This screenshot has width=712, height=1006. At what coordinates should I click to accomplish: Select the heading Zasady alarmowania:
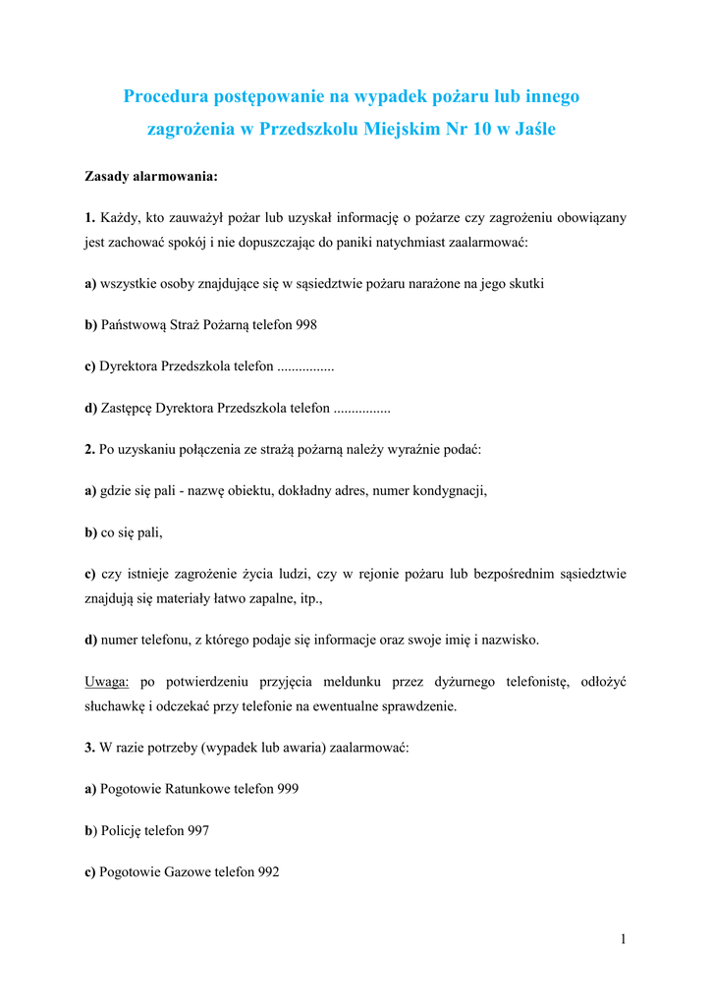click(150, 177)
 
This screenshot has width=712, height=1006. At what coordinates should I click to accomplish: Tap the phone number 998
click(305, 324)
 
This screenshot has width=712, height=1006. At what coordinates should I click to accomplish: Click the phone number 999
click(288, 788)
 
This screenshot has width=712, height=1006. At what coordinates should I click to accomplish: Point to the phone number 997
click(197, 830)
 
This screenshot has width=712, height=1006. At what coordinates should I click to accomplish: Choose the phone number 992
click(268, 871)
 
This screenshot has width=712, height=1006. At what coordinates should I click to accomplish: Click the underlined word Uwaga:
click(107, 681)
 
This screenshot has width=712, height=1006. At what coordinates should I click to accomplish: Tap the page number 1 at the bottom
click(623, 939)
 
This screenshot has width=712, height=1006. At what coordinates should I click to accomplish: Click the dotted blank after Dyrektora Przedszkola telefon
click(305, 365)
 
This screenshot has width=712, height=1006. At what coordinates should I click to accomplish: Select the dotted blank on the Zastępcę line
click(361, 407)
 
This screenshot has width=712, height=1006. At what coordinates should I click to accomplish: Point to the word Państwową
click(133, 324)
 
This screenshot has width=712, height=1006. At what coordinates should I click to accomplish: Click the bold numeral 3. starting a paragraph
click(89, 748)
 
